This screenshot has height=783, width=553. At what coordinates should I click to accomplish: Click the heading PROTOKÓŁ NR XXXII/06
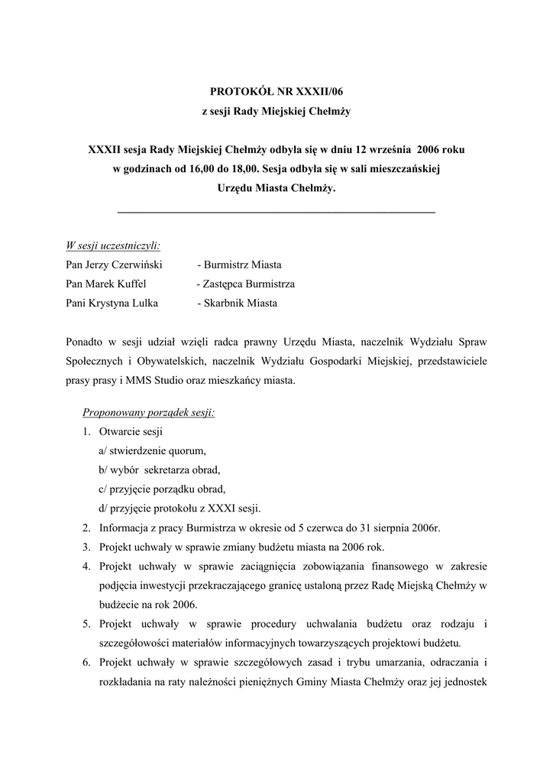click(x=276, y=92)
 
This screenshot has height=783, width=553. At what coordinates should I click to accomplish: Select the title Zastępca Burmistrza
click(x=246, y=284)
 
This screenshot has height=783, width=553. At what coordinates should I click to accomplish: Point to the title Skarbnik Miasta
click(x=238, y=303)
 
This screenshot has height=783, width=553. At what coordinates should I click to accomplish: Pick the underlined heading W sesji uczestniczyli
click(x=113, y=245)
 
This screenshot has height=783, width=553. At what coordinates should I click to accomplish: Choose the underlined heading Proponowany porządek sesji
click(x=148, y=413)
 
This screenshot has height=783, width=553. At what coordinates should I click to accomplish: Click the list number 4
click(x=86, y=567)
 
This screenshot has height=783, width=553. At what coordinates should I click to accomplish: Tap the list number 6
click(x=86, y=661)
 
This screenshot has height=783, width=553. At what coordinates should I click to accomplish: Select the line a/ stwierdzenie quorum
click(x=152, y=451)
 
